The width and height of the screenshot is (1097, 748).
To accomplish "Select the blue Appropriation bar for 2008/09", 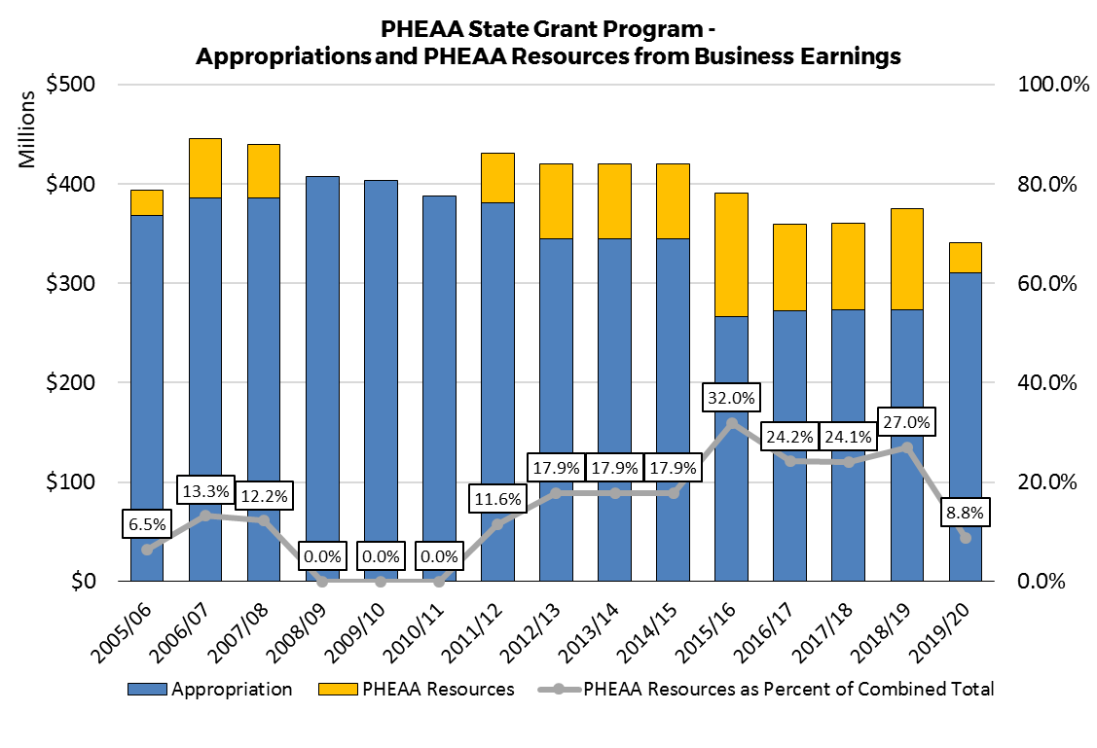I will [x=321, y=378].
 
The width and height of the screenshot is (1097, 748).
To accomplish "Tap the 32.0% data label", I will [x=731, y=399].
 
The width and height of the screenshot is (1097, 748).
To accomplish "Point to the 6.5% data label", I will [x=146, y=525].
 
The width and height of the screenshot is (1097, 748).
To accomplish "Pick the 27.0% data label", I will [x=906, y=423].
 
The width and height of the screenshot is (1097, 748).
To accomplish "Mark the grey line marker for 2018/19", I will [x=906, y=447].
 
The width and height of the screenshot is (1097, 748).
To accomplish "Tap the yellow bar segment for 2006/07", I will [x=204, y=168].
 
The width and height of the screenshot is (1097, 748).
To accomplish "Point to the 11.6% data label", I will [x=497, y=500].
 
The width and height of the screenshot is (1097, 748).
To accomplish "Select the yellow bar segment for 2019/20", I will [x=965, y=257].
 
